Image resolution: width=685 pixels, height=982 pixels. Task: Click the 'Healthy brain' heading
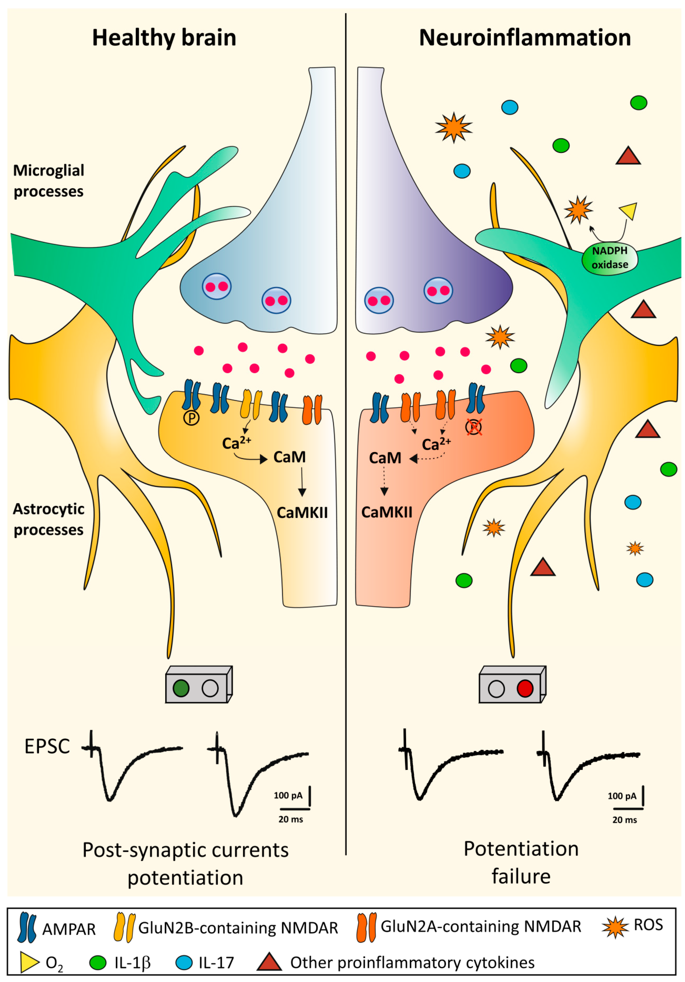[164, 38]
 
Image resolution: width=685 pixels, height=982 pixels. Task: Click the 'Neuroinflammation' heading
[525, 38]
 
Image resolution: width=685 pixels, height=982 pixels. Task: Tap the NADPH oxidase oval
[610, 257]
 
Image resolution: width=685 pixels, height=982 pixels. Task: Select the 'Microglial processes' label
[49, 181]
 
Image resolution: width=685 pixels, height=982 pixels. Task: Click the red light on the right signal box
[525, 688]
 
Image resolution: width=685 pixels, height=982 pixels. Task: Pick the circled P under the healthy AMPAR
[191, 418]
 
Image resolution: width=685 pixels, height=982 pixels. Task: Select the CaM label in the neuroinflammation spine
[385, 458]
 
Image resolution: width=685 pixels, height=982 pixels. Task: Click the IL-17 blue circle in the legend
[184, 962]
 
